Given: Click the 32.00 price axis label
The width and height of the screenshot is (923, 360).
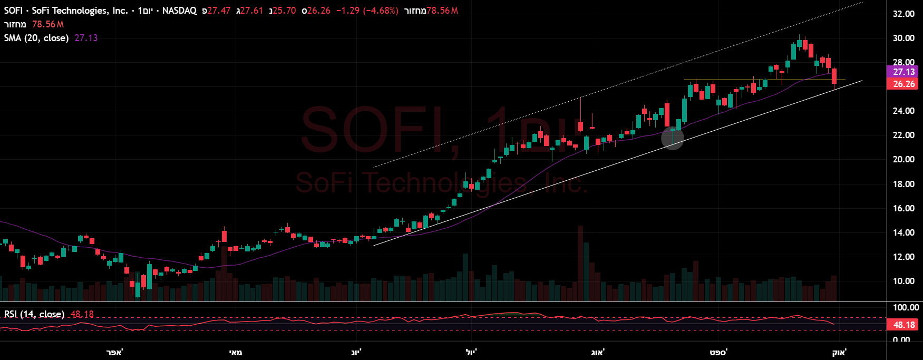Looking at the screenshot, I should (903, 14).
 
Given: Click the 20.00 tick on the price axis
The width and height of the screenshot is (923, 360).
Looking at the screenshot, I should (903, 159).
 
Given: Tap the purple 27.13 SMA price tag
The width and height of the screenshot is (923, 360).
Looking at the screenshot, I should (903, 72).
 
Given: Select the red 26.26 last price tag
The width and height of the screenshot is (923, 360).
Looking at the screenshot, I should (903, 84).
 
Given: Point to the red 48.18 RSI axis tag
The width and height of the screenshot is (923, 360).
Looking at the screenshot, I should (903, 325).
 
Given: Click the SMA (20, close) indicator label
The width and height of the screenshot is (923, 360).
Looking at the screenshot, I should (36, 38).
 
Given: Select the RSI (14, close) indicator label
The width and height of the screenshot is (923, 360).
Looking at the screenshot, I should (34, 314).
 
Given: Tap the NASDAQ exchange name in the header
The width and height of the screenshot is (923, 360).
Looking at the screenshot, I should (179, 11).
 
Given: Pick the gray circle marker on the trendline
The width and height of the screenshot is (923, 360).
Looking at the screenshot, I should (673, 138).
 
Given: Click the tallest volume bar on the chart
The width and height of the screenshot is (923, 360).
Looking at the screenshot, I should (580, 264).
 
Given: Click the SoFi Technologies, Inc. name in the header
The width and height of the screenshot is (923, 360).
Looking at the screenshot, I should (80, 11).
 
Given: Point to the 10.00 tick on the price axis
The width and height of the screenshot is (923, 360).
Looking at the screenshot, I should (903, 281).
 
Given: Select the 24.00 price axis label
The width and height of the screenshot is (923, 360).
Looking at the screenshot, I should (903, 111).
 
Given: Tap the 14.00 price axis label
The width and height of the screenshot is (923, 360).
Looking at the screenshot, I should (903, 232).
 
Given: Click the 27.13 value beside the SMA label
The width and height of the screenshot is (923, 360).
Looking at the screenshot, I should (86, 38).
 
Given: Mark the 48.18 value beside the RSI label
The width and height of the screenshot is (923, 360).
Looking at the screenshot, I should (82, 314).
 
